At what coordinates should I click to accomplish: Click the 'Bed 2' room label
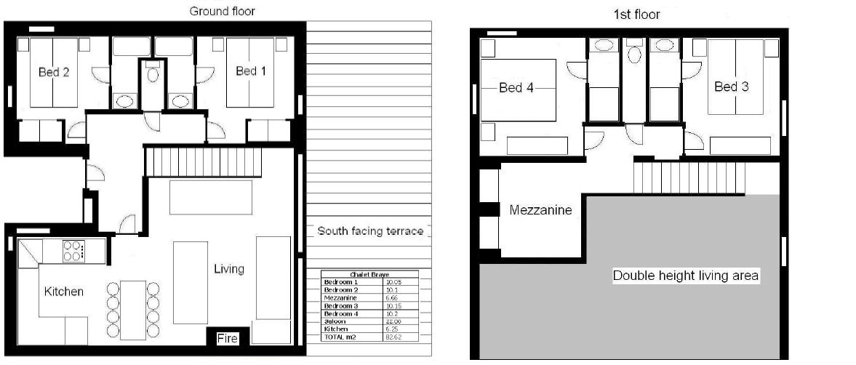[x=53, y=72]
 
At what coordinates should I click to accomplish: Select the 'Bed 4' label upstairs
[x=516, y=88]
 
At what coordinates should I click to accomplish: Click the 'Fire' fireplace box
[x=228, y=338]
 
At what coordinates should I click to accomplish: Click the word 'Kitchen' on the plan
[x=64, y=292]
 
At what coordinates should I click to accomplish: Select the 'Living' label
[x=228, y=269]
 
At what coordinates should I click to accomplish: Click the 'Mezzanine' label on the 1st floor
[x=540, y=210]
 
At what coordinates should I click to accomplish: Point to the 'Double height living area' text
[x=685, y=276]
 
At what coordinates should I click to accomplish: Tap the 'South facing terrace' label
[x=370, y=231]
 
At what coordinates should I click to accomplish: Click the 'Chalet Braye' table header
[x=369, y=274]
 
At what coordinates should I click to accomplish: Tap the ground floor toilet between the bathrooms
[x=152, y=75]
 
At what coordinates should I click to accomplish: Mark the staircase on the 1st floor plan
[x=689, y=177]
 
